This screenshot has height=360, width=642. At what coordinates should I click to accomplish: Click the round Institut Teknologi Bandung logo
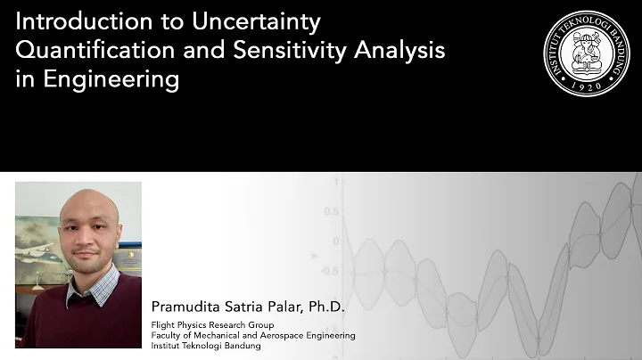[586, 53]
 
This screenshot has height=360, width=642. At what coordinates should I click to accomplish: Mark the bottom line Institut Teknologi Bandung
[206, 346]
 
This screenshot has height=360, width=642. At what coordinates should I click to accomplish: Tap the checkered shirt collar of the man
[93, 284]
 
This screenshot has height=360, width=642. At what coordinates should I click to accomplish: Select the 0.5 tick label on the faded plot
[333, 212]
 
